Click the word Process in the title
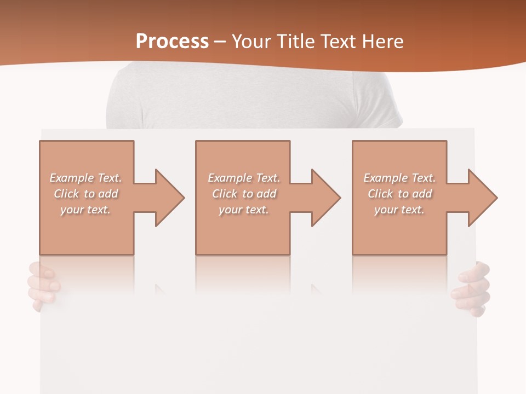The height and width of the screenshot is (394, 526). pos(172,41)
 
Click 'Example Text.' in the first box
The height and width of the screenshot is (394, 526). pos(86,178)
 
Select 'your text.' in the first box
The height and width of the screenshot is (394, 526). pos(86,210)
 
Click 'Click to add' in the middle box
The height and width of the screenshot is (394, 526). pos(244,194)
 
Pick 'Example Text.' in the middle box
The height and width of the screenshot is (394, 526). pos(244,178)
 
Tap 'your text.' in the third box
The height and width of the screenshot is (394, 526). pos(399,210)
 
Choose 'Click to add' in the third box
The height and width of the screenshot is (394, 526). pos(400,194)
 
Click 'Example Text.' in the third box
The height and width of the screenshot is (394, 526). pos(399,178)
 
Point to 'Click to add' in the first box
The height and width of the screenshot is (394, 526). pos(86,194)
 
